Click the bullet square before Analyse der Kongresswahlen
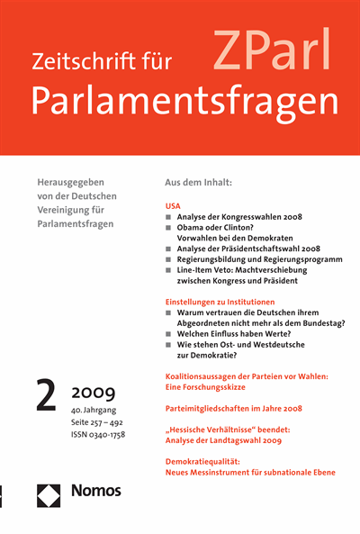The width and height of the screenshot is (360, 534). [x=169, y=219]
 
